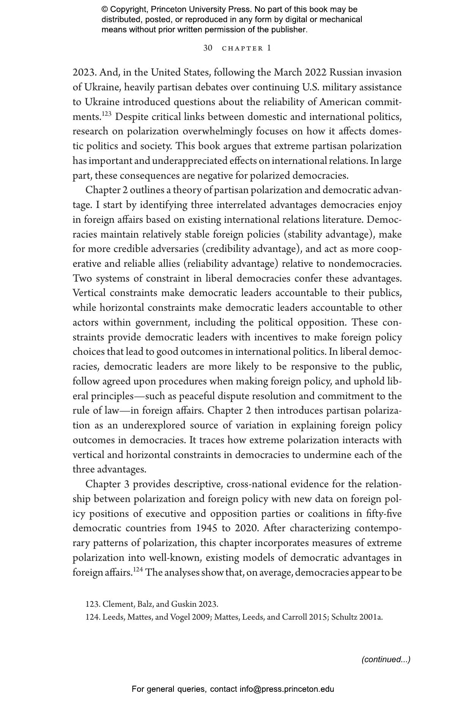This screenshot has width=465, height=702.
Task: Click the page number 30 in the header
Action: click(x=208, y=48)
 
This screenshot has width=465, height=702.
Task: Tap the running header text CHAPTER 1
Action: click(x=246, y=48)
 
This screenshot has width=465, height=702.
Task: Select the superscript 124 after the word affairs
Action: click(x=138, y=569)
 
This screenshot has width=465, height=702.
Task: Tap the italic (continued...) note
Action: click(x=386, y=660)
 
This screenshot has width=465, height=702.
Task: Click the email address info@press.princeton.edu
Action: click(x=287, y=689)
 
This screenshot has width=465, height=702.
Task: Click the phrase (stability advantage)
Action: click(x=329, y=235)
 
